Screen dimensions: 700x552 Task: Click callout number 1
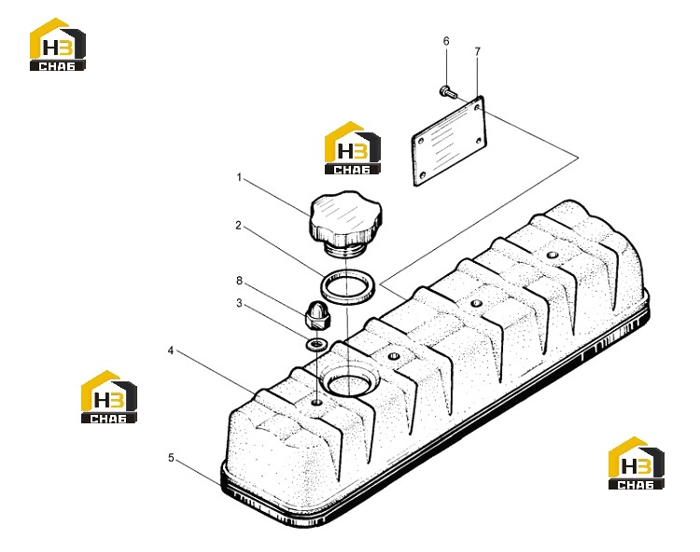tap(239, 177)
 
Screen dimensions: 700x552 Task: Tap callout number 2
tap(238, 226)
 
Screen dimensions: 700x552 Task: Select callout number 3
tap(239, 303)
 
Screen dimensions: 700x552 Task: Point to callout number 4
tap(171, 351)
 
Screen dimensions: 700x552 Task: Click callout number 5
tap(171, 458)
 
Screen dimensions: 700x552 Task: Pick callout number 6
tap(446, 41)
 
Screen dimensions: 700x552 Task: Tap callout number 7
tap(478, 51)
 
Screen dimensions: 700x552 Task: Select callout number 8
tap(239, 281)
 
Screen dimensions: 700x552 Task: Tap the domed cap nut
tap(316, 316)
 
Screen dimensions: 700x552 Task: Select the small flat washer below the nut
tap(317, 344)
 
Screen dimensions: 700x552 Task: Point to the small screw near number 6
tap(448, 92)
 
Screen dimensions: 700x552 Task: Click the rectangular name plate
tap(448, 141)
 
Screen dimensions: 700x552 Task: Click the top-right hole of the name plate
tap(477, 107)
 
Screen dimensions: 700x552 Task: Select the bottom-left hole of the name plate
tap(422, 174)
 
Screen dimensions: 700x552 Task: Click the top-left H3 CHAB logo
tap(58, 44)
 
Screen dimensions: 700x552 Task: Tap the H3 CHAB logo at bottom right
tap(637, 462)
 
